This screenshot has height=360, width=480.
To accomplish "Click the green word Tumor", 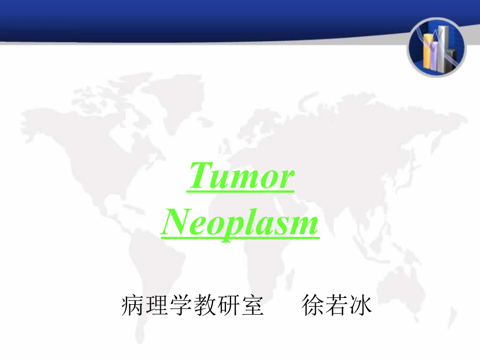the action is coord(241,176).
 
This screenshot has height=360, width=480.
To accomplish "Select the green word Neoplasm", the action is coord(240,223).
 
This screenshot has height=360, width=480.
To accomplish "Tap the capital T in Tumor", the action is coord(200,175).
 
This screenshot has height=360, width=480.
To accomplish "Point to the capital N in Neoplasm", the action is coord(177,221).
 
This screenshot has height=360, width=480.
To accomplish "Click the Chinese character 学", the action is coord(181,305).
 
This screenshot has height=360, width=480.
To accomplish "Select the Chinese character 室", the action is coord(253,305).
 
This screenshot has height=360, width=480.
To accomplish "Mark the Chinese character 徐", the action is coord(312,305).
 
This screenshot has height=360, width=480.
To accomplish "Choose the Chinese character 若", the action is coord(337,305).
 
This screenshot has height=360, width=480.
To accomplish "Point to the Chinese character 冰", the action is coord(361,305).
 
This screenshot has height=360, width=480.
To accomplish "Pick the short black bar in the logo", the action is coord(451,60).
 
